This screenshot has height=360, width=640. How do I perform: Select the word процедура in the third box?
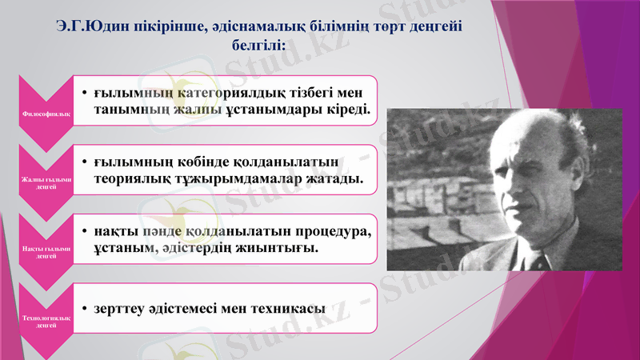pos(332,232)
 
